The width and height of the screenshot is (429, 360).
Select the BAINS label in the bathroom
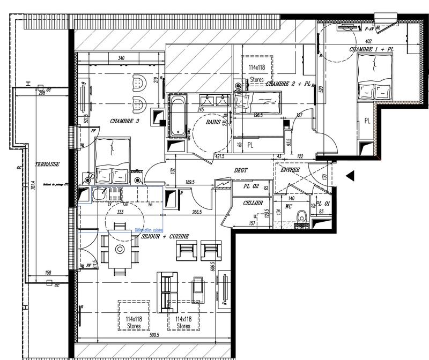coord(217,123)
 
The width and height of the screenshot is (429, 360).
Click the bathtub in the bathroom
coord(176,115)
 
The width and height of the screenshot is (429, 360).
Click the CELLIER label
coord(253,203)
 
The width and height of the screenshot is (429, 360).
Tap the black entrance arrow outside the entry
coord(350,175)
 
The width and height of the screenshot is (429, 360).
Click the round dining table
coord(120,249)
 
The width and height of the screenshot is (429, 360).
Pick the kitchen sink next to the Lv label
coord(100,195)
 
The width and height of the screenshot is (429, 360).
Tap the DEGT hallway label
coord(241,170)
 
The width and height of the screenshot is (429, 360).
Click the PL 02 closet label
coord(252,186)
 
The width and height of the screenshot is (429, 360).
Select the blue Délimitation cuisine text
coord(149,230)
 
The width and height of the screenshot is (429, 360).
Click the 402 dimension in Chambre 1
coord(369,41)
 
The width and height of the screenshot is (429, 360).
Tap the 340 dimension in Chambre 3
coord(121,58)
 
